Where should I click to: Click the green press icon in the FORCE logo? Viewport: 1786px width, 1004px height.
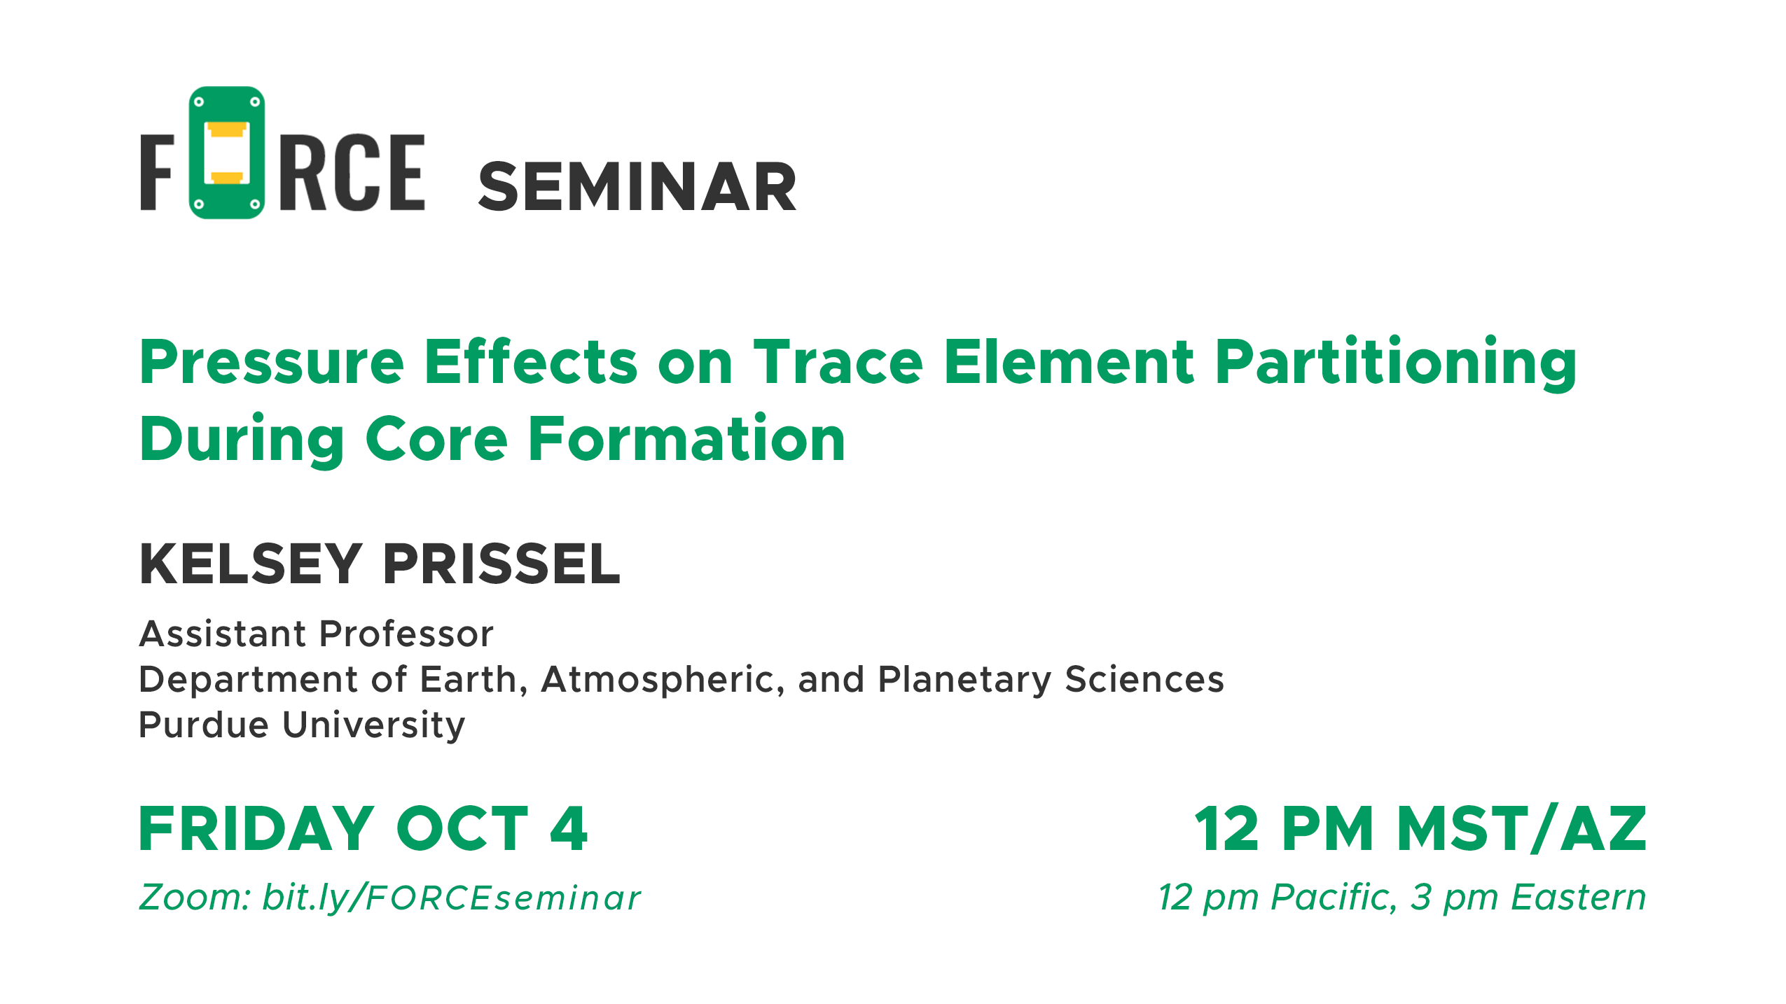pos(226,153)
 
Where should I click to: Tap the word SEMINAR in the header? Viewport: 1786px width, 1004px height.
pos(637,187)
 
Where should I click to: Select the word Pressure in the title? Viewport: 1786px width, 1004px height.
pos(272,362)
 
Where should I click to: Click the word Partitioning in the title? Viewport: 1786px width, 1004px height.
pos(1396,362)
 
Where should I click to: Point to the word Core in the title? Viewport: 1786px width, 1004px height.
pos(436,439)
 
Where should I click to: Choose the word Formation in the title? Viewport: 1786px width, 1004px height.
pos(686,439)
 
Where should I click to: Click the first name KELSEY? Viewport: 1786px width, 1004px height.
pos(251,564)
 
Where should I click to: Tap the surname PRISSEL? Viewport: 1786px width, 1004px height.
pos(501,564)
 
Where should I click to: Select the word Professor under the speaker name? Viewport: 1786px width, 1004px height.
pos(406,634)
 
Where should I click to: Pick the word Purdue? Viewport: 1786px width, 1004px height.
pos(204,725)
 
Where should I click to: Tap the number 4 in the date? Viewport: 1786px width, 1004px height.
pos(569,828)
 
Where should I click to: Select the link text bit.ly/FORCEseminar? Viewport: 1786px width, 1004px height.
pos(451,898)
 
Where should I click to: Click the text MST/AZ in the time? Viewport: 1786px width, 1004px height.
pos(1521,828)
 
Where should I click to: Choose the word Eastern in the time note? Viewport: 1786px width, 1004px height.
pos(1579,897)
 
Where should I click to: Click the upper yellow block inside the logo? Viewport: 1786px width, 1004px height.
pos(227,130)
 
